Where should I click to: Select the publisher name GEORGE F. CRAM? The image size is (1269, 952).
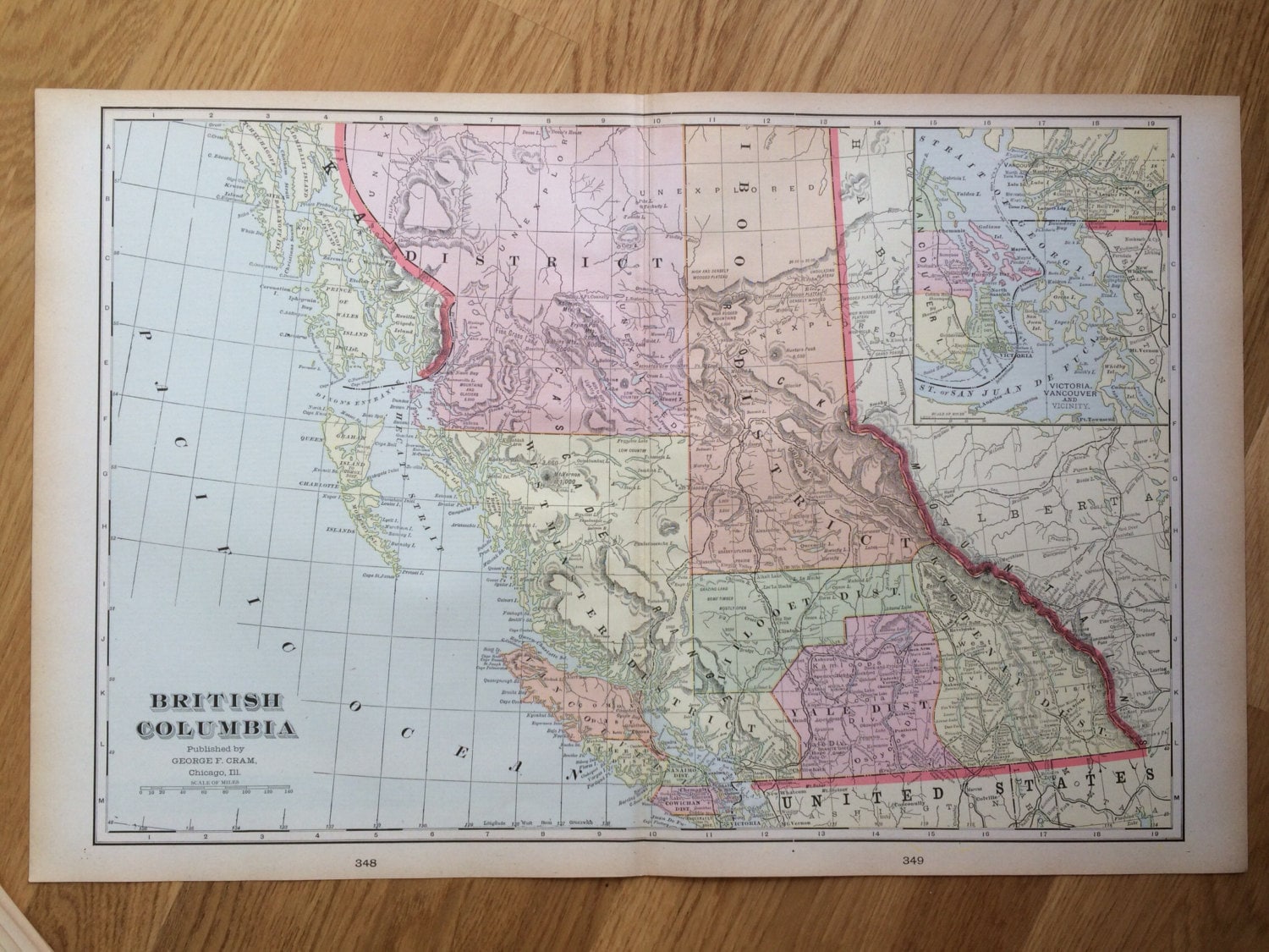pos(216,759)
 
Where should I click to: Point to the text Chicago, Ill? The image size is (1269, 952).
pos(216,771)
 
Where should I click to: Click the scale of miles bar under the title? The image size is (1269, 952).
pos(216,790)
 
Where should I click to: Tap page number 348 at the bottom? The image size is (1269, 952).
pos(365,862)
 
